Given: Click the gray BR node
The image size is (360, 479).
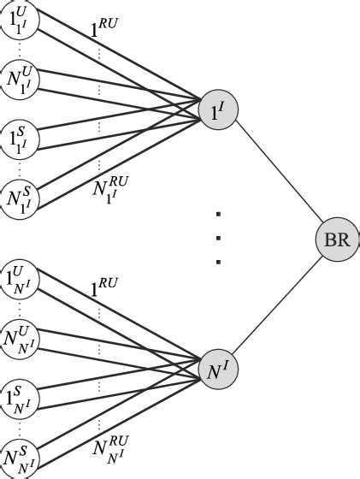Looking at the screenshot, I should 337,240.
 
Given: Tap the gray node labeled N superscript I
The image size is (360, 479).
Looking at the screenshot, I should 217,370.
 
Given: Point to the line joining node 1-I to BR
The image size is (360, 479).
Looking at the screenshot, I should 277,174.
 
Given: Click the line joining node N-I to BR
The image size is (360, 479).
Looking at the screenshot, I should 277,305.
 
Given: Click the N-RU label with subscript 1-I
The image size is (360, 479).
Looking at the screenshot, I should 110,185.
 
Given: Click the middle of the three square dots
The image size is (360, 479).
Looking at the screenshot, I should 219,238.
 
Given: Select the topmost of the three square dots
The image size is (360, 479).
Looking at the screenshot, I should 219,214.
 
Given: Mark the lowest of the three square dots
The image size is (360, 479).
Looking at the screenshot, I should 219,262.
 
